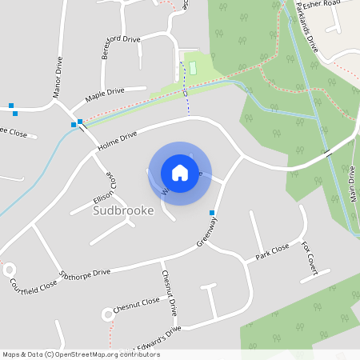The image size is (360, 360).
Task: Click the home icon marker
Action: tap(180, 172)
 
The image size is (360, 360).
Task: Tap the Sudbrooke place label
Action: tap(123, 211)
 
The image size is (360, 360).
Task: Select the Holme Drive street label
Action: tap(118, 142)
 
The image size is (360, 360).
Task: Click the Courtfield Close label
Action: tap(34, 283)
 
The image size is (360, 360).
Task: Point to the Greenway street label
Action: tap(207, 233)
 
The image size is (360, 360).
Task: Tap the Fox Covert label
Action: tap(310, 258)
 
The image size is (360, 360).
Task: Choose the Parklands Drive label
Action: tap(307, 37)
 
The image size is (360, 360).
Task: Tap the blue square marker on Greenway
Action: tap(212, 213)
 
